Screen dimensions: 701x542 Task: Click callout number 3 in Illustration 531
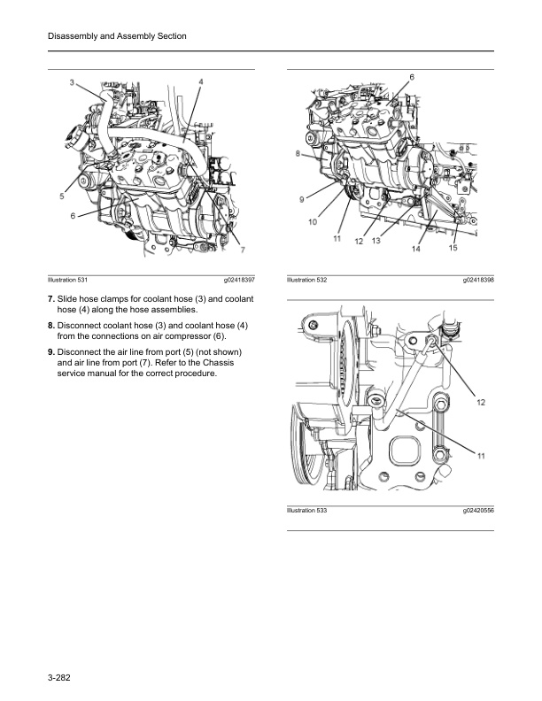72,82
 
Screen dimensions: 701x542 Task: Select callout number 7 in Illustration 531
242,250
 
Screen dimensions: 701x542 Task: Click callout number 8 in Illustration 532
298,154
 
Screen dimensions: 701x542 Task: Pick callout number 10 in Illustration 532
312,222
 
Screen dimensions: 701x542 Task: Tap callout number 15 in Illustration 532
453,249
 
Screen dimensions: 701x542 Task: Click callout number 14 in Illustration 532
415,250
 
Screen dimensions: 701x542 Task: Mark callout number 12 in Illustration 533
481,403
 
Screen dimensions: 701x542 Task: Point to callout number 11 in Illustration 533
481,456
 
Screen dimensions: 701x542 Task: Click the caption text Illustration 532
307,280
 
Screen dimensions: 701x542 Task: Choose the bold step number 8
51,327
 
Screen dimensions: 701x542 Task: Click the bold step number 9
51,352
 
